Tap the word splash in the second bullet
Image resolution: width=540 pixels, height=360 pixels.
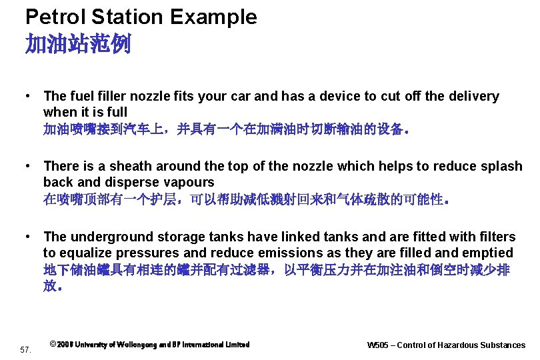501,166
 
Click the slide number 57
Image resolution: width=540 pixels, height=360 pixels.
26,349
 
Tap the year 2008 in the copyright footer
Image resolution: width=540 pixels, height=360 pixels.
65,345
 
